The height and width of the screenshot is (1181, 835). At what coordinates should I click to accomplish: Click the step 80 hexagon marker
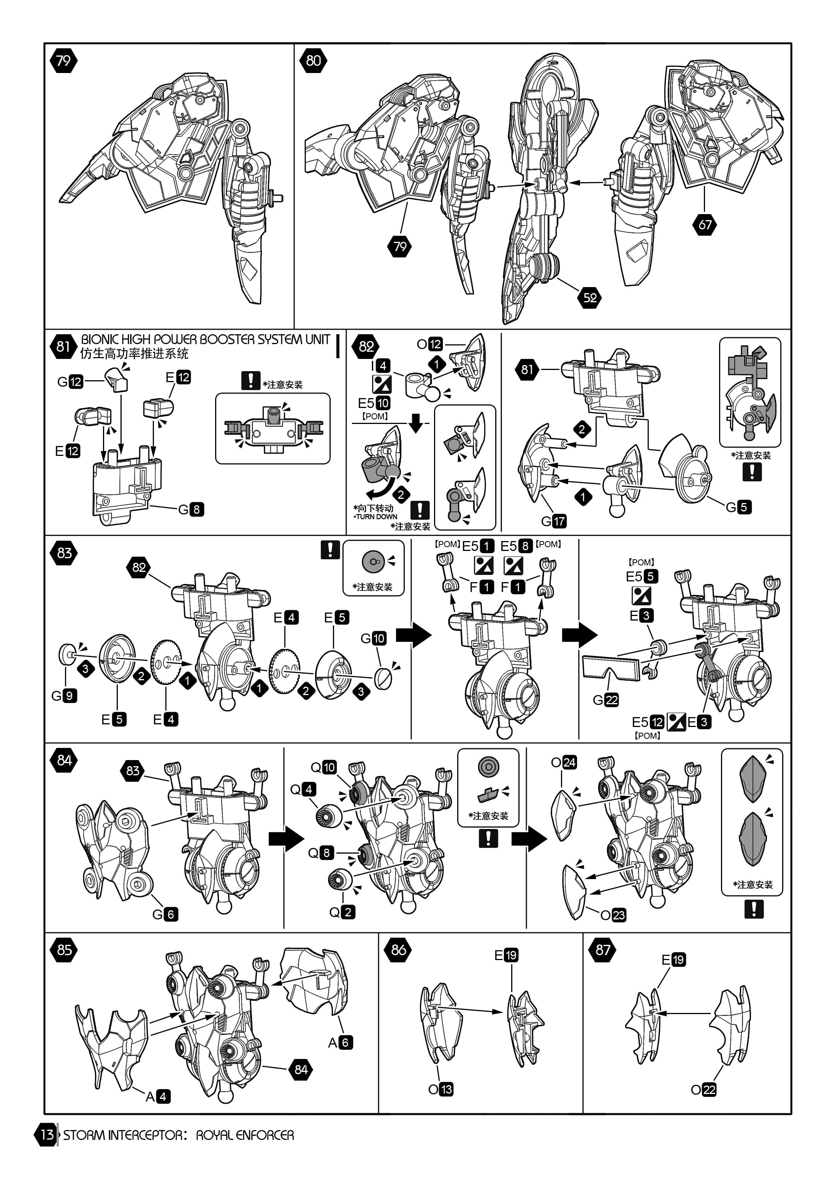[x=313, y=61]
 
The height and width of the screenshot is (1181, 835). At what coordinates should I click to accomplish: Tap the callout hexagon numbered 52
[x=590, y=297]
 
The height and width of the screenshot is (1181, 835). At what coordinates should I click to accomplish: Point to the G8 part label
[x=191, y=509]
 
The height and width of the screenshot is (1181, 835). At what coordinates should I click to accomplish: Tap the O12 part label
[x=429, y=344]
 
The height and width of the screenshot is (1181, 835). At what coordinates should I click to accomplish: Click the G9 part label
[x=64, y=695]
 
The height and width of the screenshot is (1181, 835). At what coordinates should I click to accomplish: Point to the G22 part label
[x=605, y=700]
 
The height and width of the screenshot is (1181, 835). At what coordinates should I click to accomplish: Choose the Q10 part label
[x=323, y=767]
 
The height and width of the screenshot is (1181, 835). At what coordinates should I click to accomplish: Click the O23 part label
[x=613, y=915]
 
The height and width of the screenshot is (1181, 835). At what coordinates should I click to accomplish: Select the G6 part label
[x=165, y=914]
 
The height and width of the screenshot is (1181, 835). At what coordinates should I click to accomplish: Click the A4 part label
[x=157, y=1096]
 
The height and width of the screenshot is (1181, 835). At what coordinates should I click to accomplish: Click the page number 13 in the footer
[x=47, y=1135]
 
